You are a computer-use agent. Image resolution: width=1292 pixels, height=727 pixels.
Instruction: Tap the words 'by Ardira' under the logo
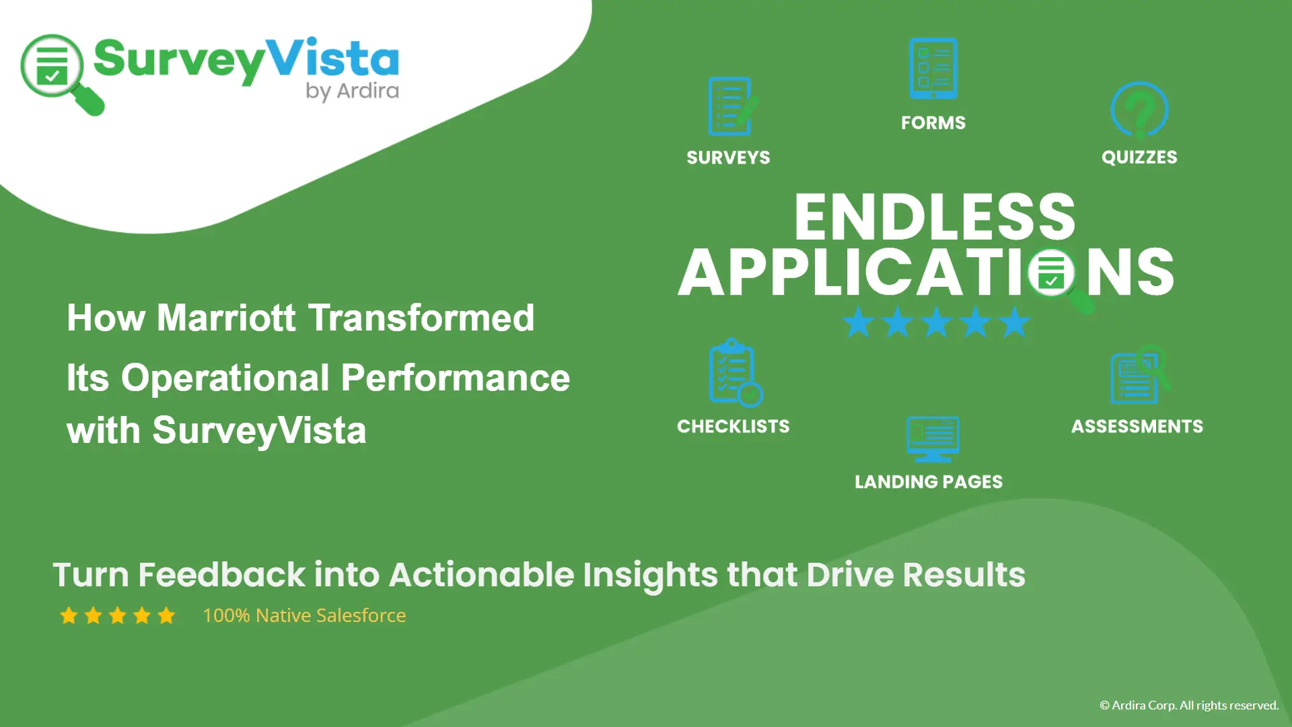tap(352, 91)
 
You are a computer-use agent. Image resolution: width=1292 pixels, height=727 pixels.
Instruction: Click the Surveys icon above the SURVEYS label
tap(731, 107)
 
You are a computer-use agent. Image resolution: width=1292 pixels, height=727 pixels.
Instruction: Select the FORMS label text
tap(933, 123)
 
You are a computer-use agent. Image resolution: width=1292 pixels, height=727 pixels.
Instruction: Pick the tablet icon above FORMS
tap(933, 68)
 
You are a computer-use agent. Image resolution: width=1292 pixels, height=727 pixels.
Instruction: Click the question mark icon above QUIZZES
tap(1139, 110)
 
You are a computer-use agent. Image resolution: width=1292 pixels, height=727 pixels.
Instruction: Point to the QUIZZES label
tap(1139, 157)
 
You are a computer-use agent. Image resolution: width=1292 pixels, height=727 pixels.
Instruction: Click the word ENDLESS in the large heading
tap(935, 217)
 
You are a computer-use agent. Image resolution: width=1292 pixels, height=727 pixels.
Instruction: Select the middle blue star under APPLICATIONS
tap(936, 322)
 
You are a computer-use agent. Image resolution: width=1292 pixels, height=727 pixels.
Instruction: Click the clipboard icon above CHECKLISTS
tap(733, 373)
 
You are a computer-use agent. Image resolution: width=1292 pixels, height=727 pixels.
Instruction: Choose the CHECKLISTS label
tap(733, 426)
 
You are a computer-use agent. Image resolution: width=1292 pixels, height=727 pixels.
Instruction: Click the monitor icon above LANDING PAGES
tap(933, 439)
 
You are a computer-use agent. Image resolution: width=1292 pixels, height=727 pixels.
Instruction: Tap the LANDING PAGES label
tap(928, 482)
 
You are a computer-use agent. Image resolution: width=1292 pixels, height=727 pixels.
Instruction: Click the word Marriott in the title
tap(226, 318)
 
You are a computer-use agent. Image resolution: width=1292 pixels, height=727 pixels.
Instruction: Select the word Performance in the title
tap(456, 378)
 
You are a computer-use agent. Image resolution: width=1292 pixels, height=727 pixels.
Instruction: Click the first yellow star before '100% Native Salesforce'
tap(69, 615)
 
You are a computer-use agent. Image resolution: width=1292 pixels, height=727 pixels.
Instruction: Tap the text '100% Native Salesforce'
tap(304, 615)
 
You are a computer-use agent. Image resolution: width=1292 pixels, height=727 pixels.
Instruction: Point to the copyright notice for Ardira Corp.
tap(1188, 705)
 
